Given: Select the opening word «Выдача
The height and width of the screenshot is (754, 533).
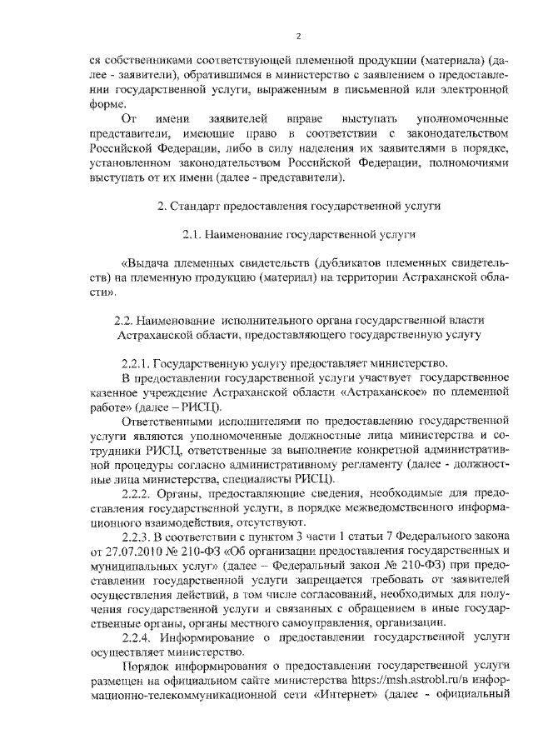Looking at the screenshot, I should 146,266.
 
